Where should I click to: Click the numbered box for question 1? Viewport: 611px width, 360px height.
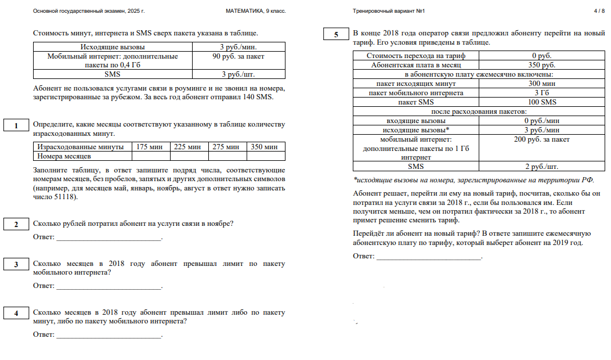click(17, 125)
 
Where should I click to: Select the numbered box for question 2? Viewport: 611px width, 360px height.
click(17, 224)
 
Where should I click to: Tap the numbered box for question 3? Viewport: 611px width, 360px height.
click(17, 265)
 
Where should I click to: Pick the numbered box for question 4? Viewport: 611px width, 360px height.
click(17, 314)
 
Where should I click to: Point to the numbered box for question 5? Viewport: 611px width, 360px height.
click(336, 35)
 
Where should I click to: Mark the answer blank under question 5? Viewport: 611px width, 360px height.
click(429, 256)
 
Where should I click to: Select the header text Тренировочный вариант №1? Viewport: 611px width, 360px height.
click(389, 11)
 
